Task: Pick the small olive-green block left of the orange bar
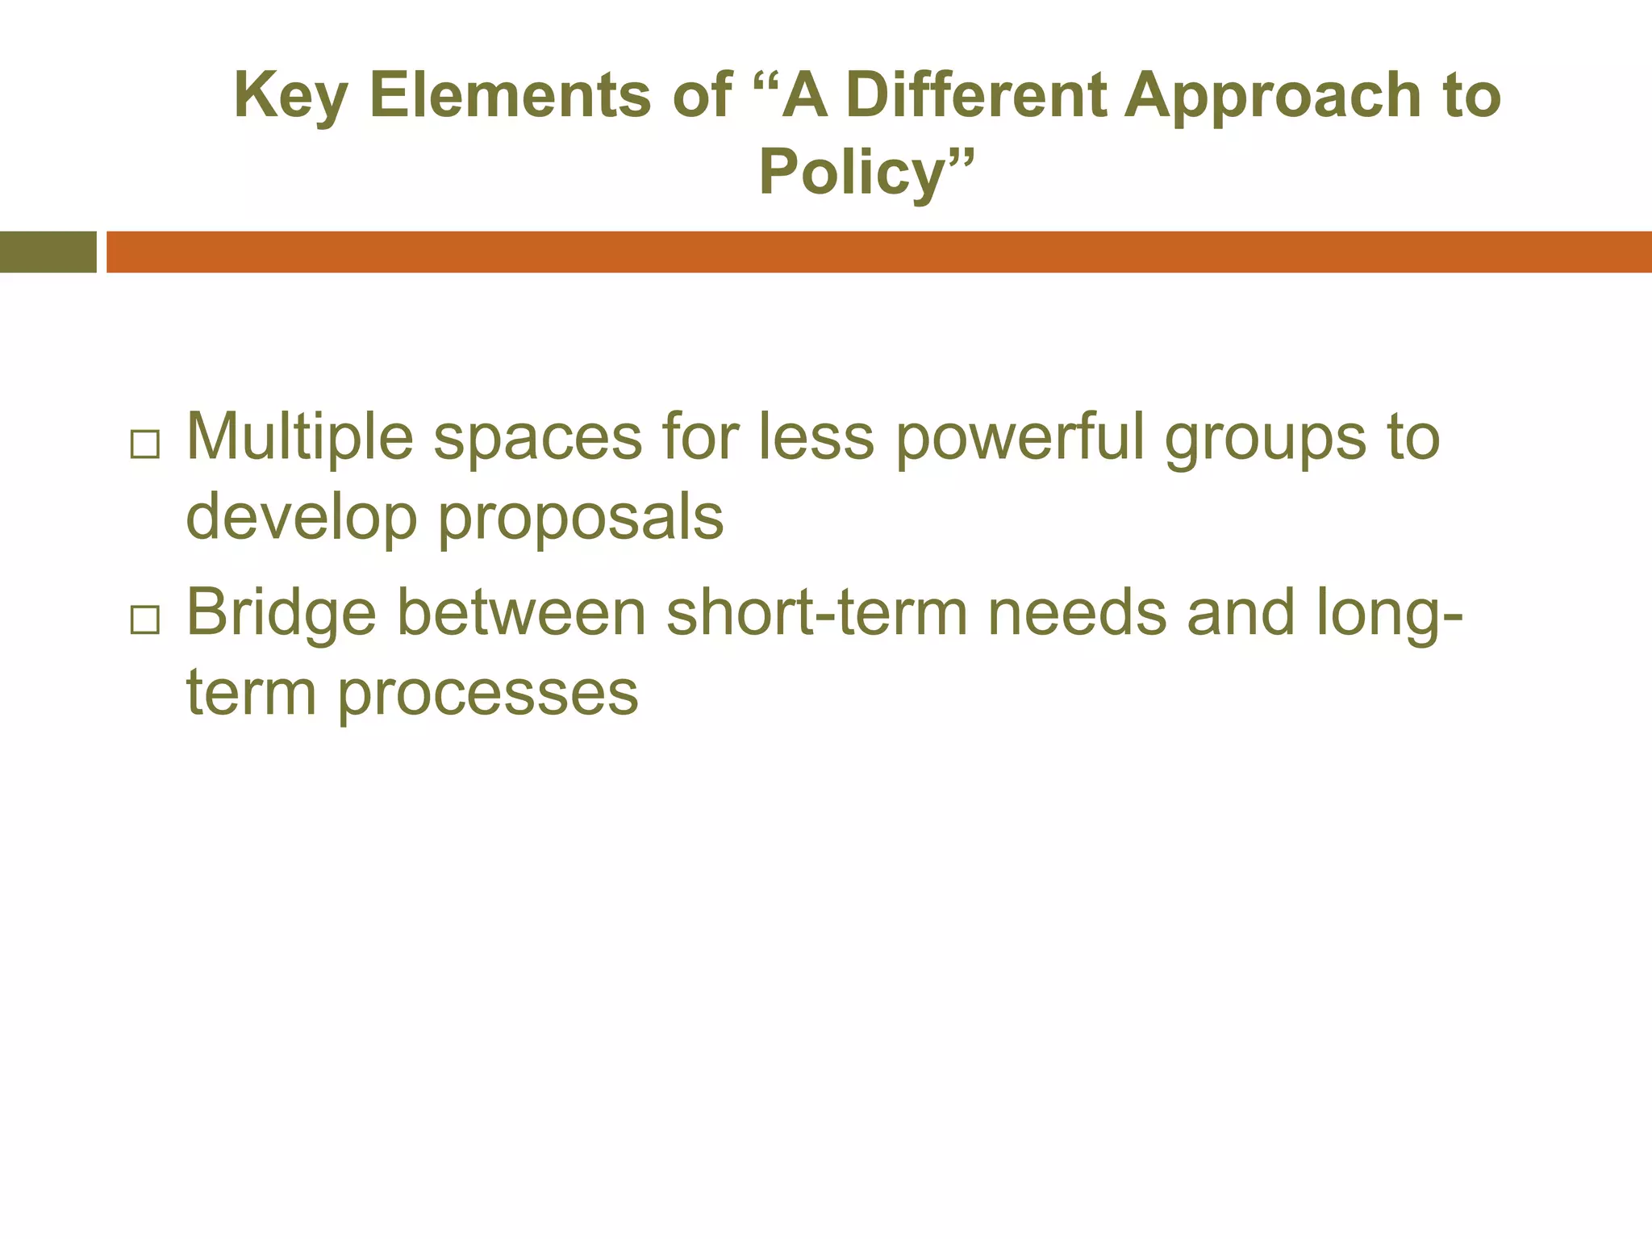pyautogui.click(x=48, y=252)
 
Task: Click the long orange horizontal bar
pyautogui.click(x=878, y=252)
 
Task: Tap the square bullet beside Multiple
pyautogui.click(x=144, y=444)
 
